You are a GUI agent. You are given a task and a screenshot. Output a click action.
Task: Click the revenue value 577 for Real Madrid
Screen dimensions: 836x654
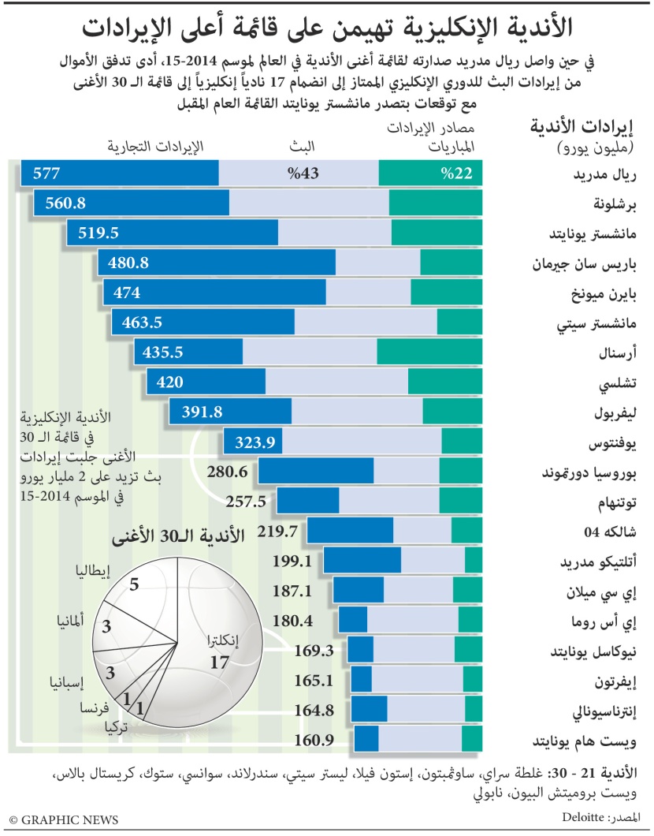click(46, 174)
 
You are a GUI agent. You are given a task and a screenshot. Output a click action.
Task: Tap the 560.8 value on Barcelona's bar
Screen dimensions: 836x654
click(65, 203)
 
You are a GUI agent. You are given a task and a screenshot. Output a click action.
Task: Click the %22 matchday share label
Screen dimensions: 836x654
click(457, 174)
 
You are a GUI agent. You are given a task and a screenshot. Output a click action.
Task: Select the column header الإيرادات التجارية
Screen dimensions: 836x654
click(154, 146)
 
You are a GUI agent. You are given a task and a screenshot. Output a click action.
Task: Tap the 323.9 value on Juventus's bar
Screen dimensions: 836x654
click(255, 443)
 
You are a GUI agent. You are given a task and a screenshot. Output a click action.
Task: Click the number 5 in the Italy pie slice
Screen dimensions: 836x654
click(135, 584)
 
